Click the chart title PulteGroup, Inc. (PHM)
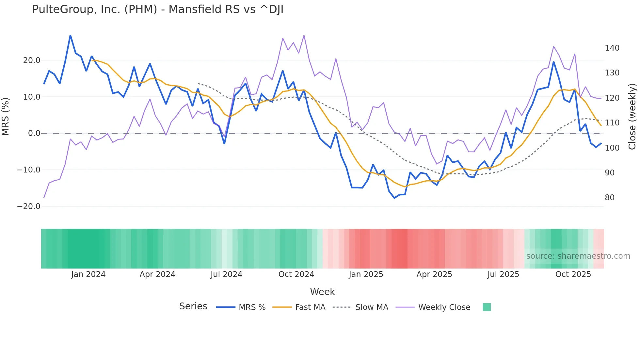[158, 9]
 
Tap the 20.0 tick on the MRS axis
[32, 60]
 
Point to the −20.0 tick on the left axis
[29, 206]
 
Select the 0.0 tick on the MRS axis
[34, 133]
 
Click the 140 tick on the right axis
[612, 48]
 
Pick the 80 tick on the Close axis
[610, 198]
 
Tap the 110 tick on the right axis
[612, 123]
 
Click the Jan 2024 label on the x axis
[88, 274]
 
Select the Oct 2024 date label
[296, 274]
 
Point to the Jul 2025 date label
[503, 274]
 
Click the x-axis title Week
[322, 292]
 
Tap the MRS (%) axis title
[6, 116]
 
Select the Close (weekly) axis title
[632, 117]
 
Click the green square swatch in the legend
[487, 307]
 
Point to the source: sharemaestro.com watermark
[578, 256]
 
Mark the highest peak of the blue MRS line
[71, 35]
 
